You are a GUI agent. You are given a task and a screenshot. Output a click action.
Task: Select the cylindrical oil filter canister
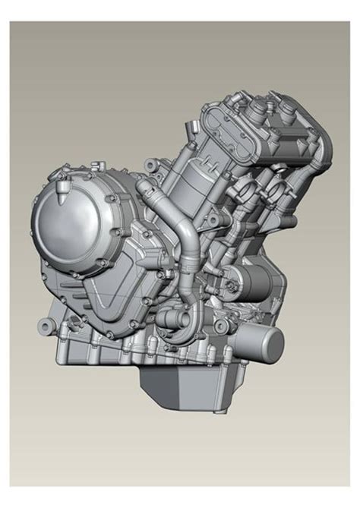coord(263,346)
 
